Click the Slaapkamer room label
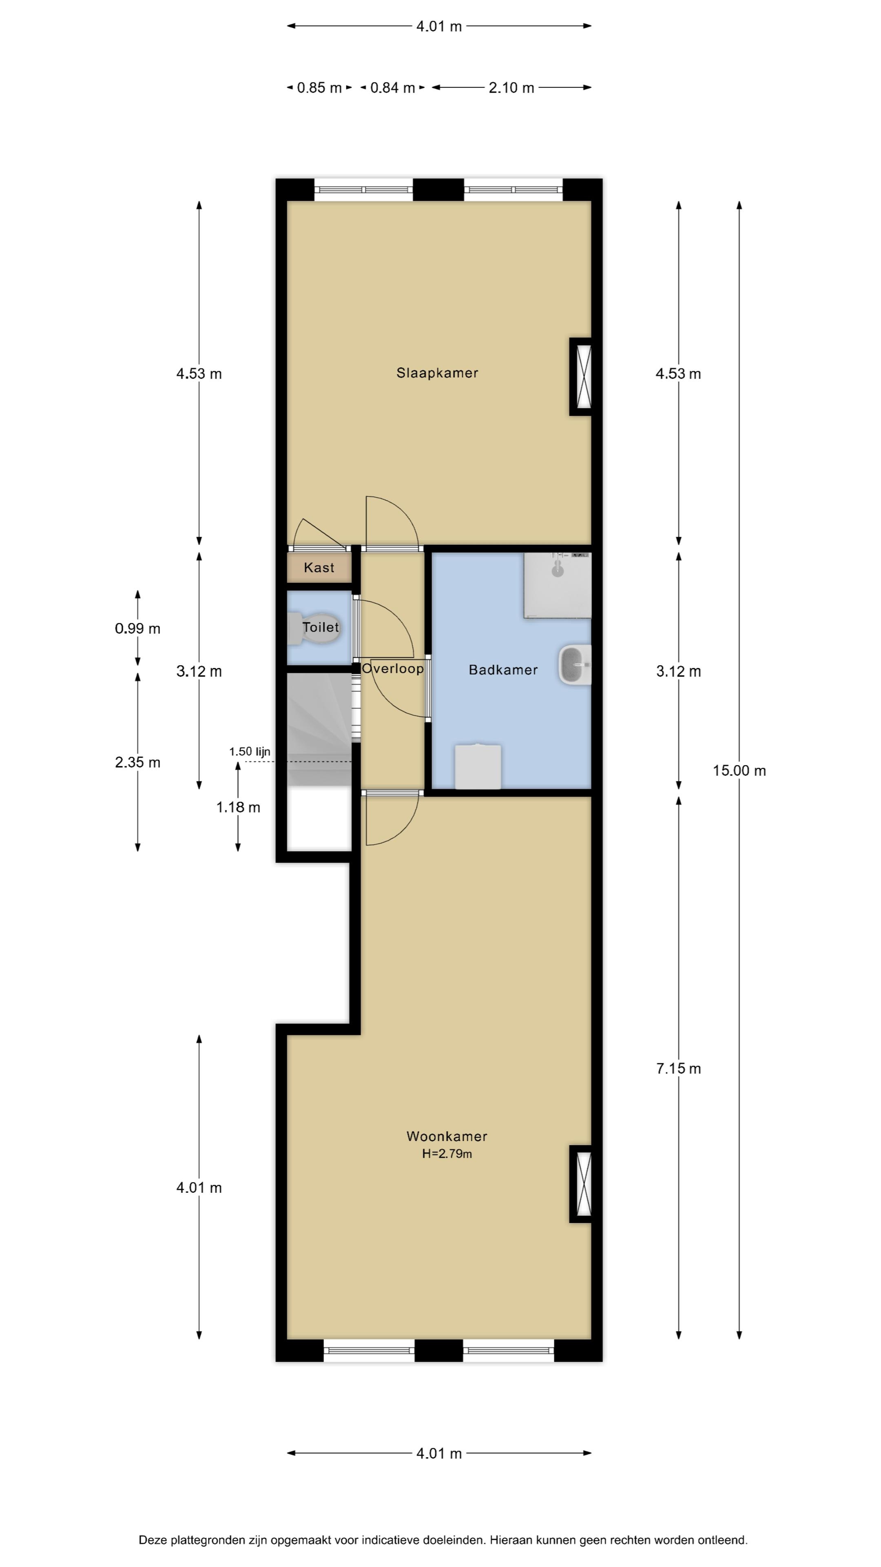tap(437, 373)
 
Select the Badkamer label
tap(503, 670)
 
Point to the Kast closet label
tap(319, 568)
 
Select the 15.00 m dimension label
tap(739, 771)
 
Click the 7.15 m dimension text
tap(679, 1069)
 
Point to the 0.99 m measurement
tap(137, 628)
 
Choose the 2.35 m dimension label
tap(137, 762)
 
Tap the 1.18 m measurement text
tap(238, 807)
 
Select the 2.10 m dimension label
tap(511, 88)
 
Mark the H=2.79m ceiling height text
tap(447, 1153)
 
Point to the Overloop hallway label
tap(393, 668)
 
